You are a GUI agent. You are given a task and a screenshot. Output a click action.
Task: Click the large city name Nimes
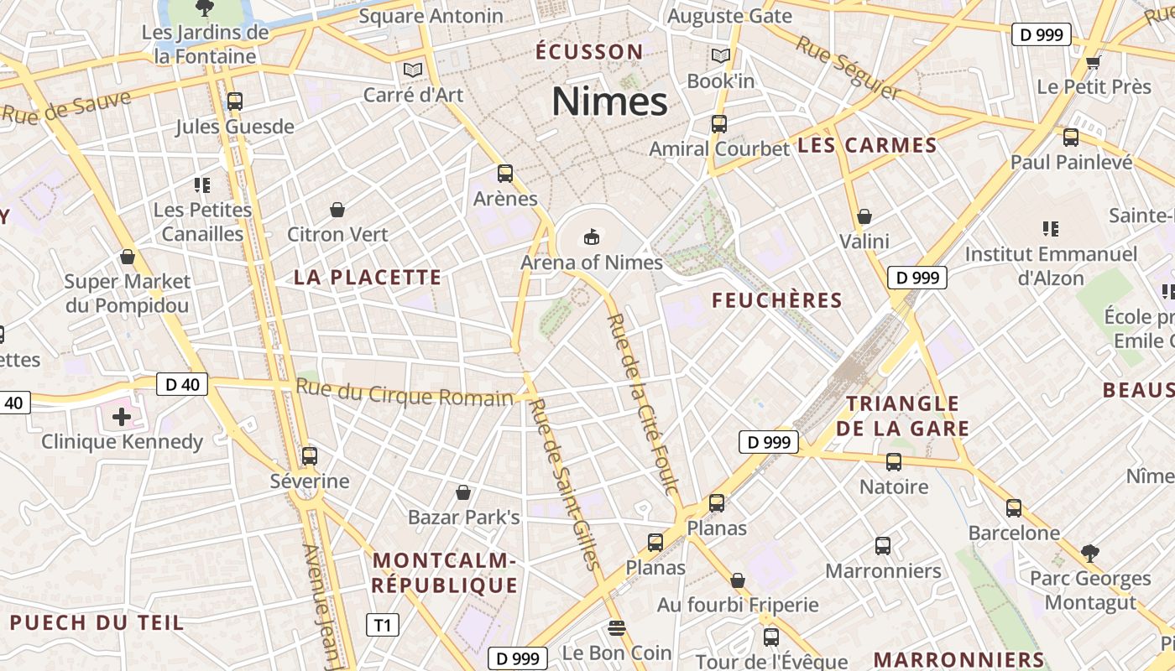click(609, 101)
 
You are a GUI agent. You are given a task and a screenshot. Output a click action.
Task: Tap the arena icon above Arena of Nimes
click(592, 237)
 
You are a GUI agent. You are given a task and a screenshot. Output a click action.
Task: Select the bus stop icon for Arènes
click(504, 174)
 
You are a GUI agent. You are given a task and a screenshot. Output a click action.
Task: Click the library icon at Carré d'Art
click(412, 70)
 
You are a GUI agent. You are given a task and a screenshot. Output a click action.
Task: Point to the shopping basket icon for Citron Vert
click(337, 210)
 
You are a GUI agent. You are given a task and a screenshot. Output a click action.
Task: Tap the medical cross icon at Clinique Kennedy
click(122, 416)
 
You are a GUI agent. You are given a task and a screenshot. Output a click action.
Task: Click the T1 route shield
click(383, 625)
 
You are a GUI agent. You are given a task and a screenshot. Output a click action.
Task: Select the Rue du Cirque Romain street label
click(404, 393)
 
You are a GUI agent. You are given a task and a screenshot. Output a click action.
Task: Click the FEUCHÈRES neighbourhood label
click(776, 300)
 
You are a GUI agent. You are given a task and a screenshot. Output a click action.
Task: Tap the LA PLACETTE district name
click(367, 278)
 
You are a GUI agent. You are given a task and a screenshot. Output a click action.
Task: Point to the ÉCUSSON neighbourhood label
click(589, 52)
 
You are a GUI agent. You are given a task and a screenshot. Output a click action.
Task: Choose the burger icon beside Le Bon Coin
click(617, 628)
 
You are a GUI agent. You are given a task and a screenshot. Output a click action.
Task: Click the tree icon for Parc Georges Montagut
click(1089, 554)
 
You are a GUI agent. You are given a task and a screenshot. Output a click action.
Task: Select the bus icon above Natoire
click(894, 462)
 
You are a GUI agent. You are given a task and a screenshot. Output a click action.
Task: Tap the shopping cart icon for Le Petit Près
click(1093, 62)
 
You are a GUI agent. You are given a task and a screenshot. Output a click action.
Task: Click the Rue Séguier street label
click(848, 67)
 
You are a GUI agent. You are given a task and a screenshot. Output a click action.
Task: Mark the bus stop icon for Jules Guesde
click(235, 101)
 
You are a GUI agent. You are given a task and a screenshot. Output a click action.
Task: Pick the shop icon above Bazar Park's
click(463, 492)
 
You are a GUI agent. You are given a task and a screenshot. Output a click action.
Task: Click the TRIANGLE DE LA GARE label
click(902, 416)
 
